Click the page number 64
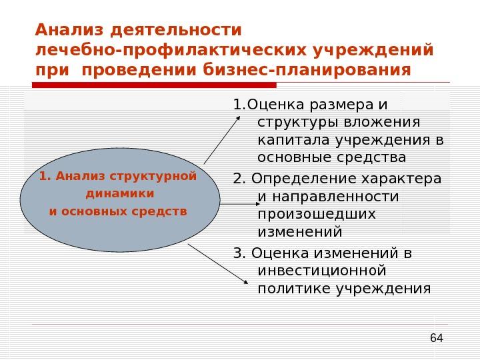click(x=437, y=338)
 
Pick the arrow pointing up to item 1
click(x=223, y=139)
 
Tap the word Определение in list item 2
click(x=293, y=179)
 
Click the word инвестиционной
click(x=322, y=271)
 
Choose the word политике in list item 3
click(x=294, y=289)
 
